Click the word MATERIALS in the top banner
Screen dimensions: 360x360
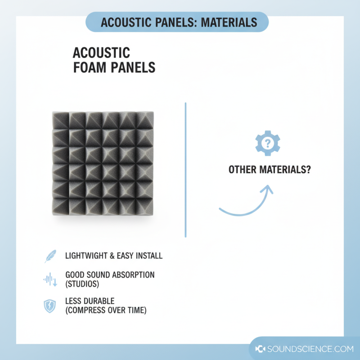[229, 22]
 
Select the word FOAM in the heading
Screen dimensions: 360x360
[87, 67]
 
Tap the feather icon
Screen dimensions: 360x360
[49, 256]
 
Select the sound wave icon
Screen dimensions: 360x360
[49, 280]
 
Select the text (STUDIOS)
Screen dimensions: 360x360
[82, 284]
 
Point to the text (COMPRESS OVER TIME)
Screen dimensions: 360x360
[106, 310]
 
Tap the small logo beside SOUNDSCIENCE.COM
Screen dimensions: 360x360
[260, 349]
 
